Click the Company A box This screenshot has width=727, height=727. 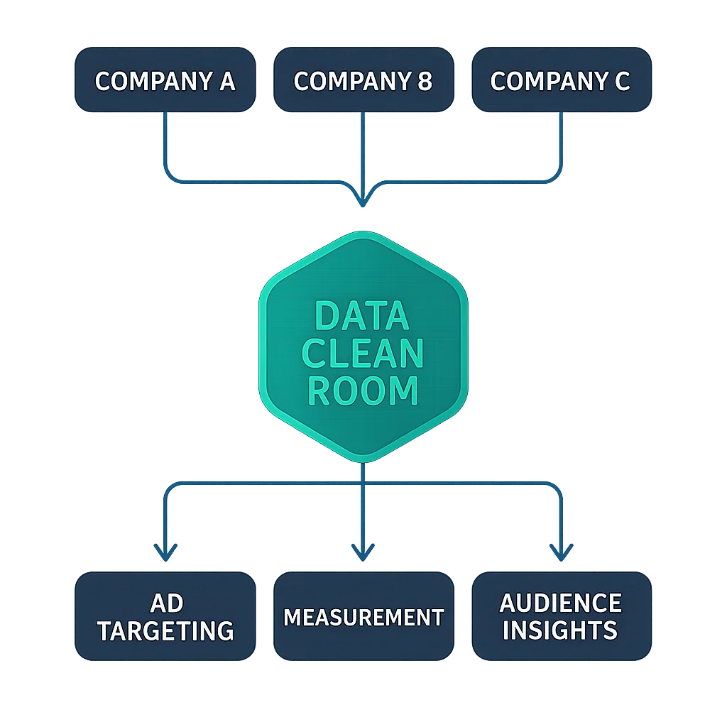(x=165, y=80)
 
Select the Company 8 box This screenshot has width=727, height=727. (x=363, y=80)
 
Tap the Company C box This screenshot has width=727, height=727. (x=561, y=80)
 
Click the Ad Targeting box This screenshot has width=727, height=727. (x=165, y=616)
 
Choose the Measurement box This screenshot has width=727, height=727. (x=363, y=616)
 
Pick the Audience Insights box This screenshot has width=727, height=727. (x=561, y=616)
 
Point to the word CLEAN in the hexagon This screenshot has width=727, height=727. (x=362, y=354)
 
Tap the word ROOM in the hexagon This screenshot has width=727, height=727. (x=362, y=390)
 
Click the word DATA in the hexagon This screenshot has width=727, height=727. (x=362, y=317)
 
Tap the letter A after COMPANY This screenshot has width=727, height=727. (x=226, y=82)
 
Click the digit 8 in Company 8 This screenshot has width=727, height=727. (x=424, y=82)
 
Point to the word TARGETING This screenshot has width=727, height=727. (x=165, y=630)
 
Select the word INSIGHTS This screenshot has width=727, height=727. (x=561, y=630)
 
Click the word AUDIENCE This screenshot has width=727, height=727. (x=561, y=603)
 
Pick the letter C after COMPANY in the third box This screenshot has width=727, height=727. (x=621, y=82)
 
